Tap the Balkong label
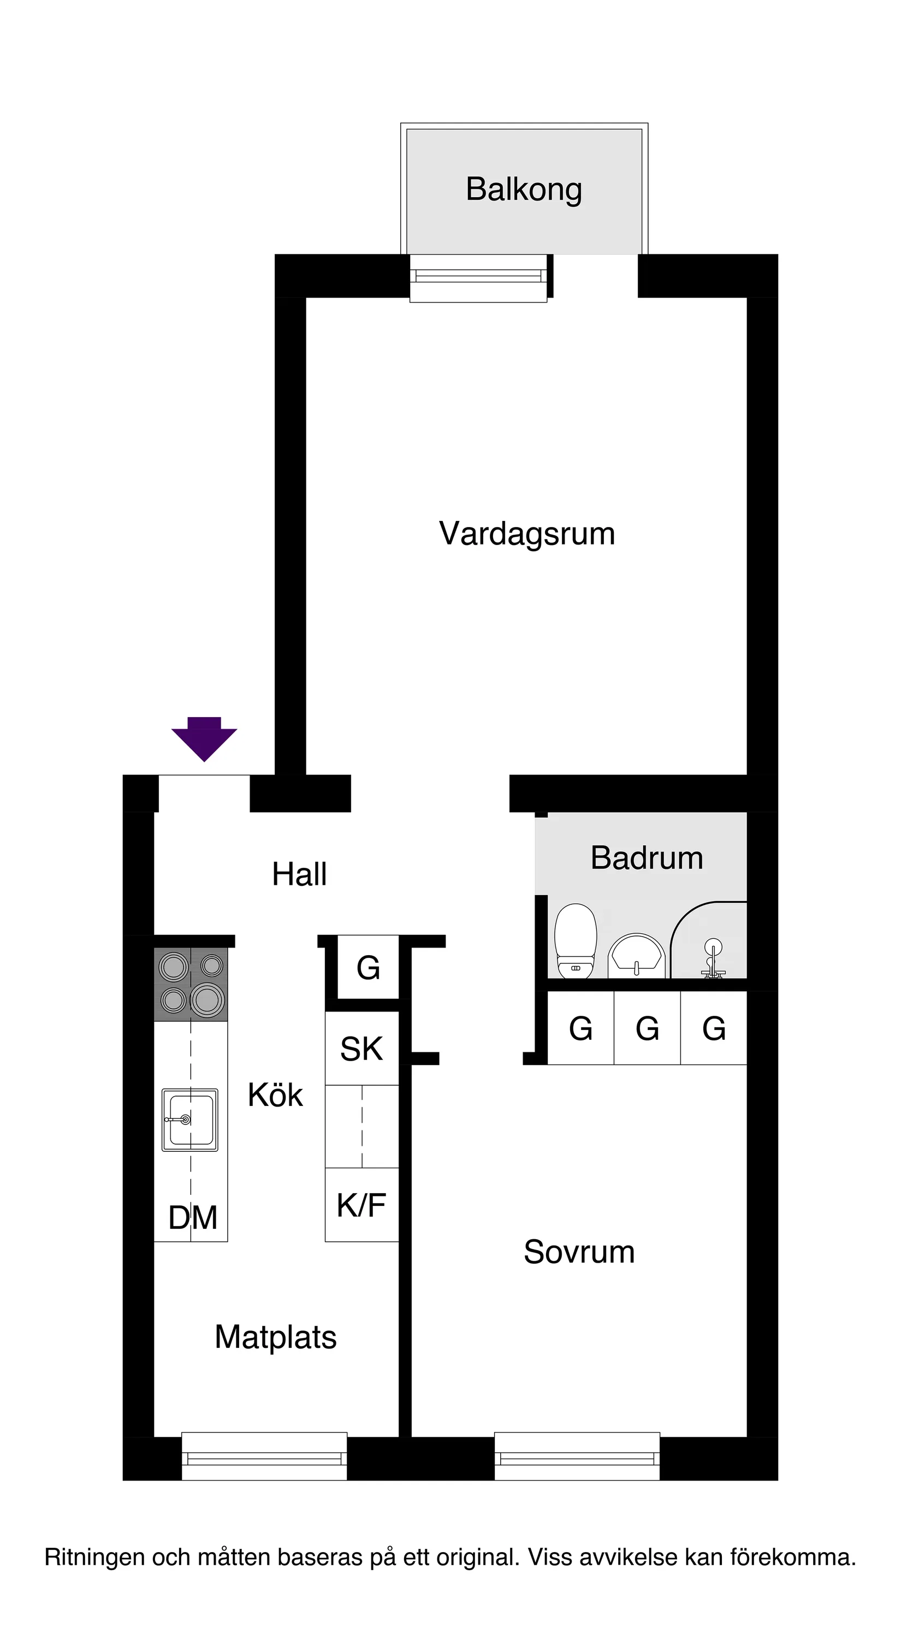[523, 189]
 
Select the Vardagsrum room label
[526, 534]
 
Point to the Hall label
[299, 875]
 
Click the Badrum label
[647, 859]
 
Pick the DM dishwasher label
[193, 1217]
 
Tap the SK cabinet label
[361, 1049]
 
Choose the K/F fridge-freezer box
[361, 1205]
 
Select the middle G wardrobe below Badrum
[647, 1028]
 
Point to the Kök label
[275, 1095]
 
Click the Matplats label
[275, 1337]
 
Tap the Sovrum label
[579, 1252]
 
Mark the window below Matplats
[264, 1459]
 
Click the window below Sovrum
[577, 1459]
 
